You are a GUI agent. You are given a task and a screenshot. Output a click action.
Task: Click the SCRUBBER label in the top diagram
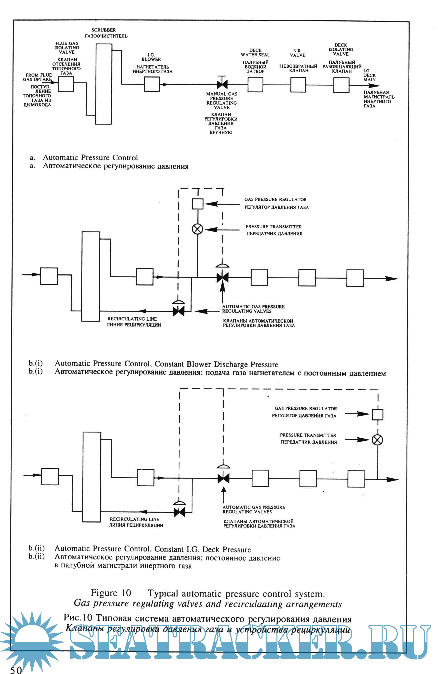(x=103, y=30)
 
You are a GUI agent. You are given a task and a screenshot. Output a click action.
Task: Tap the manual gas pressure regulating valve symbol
(x=222, y=84)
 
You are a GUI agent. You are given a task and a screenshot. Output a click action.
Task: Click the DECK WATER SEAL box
(x=255, y=84)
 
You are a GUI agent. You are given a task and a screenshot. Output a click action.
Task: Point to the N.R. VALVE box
(x=298, y=85)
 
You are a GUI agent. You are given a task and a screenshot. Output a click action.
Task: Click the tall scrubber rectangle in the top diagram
(x=103, y=84)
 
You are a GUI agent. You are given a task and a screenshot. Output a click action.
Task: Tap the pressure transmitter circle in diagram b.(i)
(x=197, y=229)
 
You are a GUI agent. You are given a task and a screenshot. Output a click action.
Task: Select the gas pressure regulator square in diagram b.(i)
(x=197, y=204)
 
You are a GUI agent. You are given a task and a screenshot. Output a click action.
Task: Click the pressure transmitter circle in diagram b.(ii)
(x=377, y=440)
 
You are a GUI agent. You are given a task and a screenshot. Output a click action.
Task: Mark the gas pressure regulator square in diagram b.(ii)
(x=377, y=415)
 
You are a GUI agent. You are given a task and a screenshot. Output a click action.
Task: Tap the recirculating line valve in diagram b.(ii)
(x=179, y=512)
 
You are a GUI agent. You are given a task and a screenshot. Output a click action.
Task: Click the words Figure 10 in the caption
(x=111, y=593)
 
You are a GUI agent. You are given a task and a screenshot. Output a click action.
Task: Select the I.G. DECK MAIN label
(x=370, y=75)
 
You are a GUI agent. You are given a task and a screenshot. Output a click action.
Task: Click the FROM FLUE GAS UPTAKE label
(x=37, y=77)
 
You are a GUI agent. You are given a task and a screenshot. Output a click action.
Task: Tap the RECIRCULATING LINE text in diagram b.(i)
(x=132, y=319)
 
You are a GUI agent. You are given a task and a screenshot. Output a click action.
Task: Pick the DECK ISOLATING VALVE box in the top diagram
(x=341, y=85)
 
